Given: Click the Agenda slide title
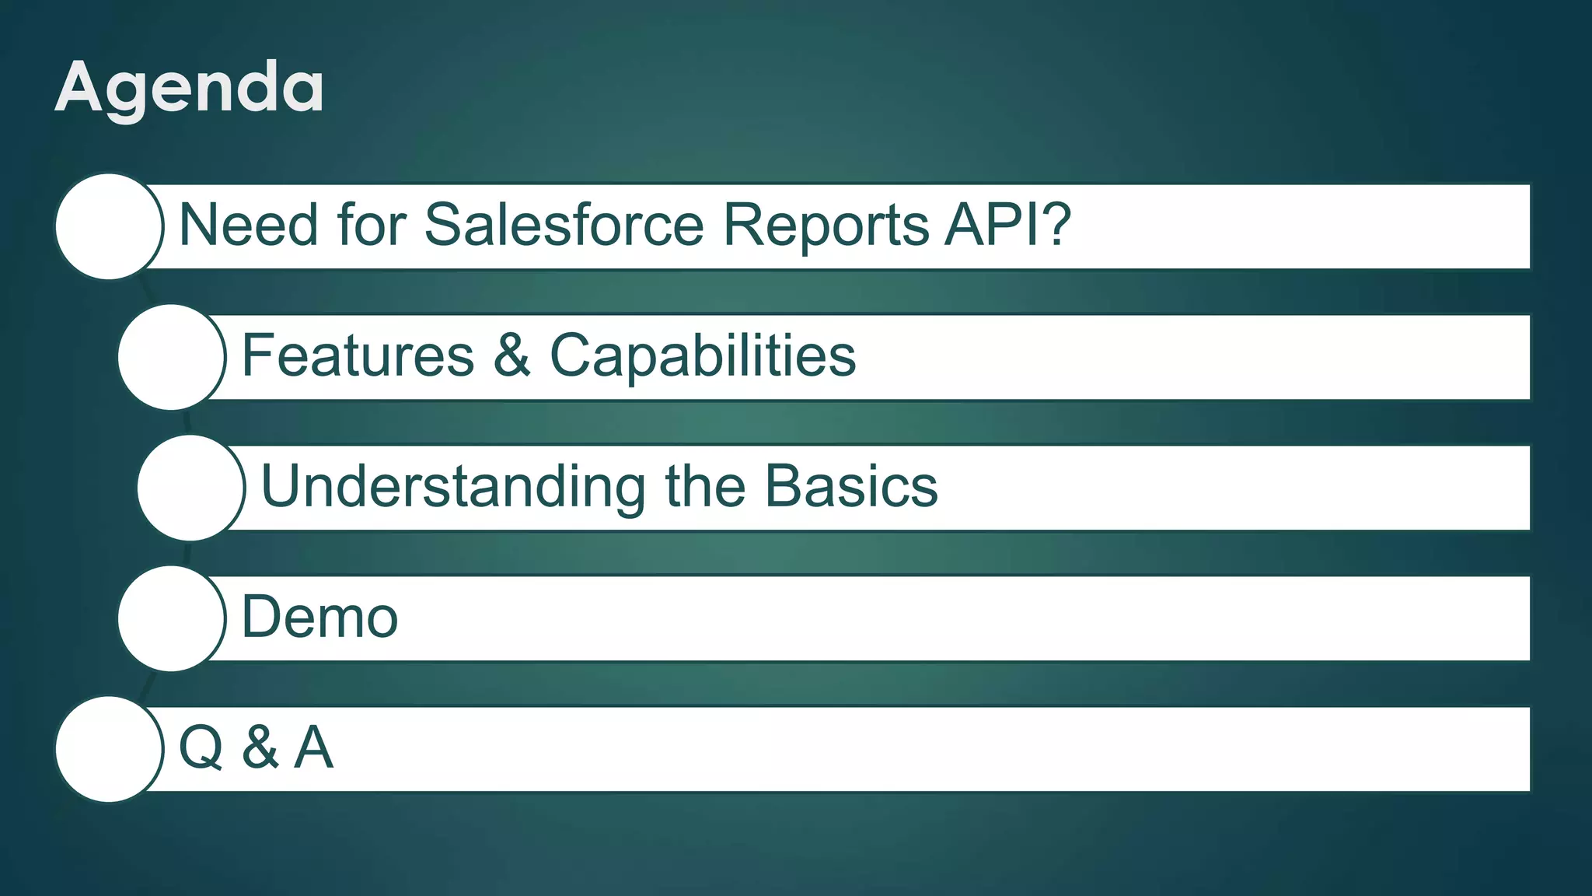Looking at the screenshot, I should click(189, 88).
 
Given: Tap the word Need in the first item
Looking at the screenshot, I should click(248, 225).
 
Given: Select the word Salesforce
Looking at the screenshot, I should click(564, 225).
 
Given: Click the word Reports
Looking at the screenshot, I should click(826, 225).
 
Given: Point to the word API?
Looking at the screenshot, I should click(1008, 225).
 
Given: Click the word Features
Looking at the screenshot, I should click(358, 355).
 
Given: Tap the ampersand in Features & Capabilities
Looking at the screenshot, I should click(511, 355).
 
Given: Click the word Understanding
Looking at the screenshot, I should click(452, 487).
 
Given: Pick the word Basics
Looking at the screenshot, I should click(851, 486).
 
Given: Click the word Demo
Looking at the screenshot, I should click(319, 617).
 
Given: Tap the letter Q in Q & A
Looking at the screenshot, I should click(201, 748).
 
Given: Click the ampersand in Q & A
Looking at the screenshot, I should click(260, 747).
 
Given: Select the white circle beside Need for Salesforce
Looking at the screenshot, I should click(109, 226).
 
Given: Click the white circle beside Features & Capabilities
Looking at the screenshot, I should click(171, 357).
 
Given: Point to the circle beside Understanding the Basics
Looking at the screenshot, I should click(190, 488).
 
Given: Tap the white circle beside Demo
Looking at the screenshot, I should click(171, 618).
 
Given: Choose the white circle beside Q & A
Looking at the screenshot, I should click(109, 749).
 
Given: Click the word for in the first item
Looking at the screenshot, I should click(372, 225).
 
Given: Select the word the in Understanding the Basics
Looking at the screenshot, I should click(704, 486).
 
